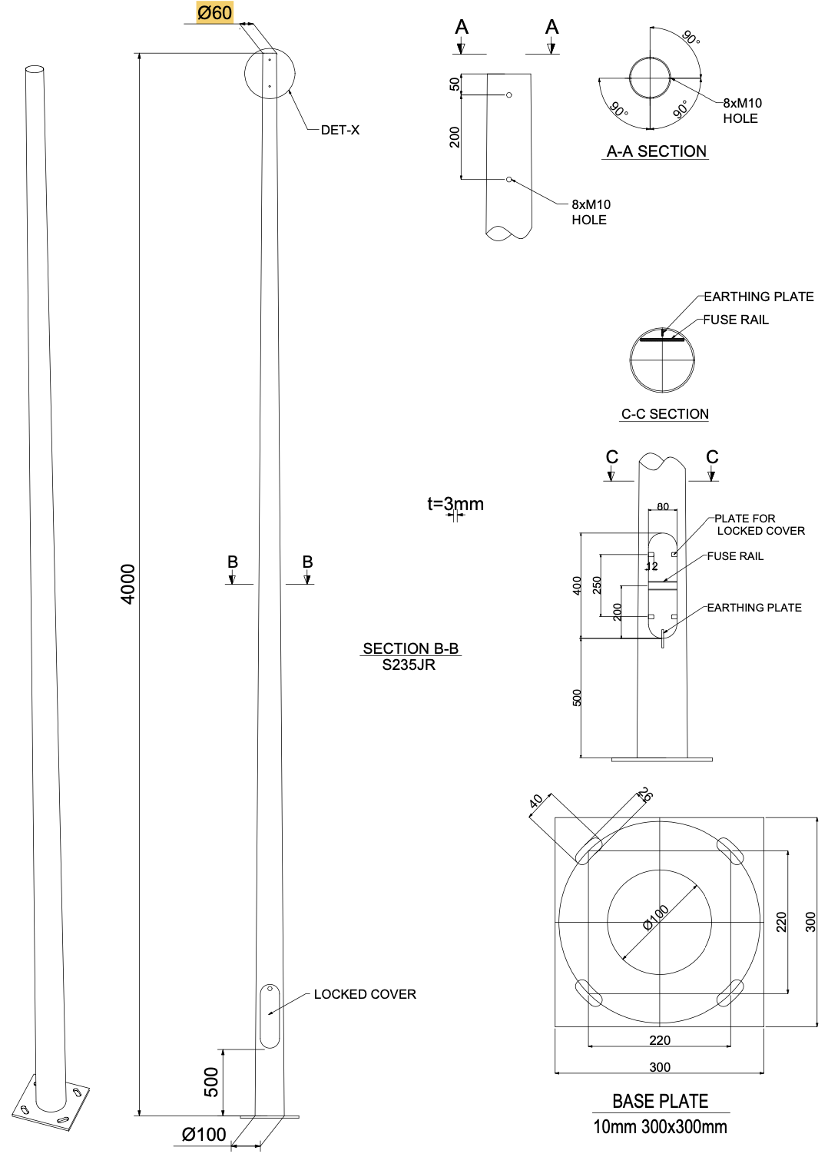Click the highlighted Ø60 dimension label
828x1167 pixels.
point(214,12)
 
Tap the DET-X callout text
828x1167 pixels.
point(340,130)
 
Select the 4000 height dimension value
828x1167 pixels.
point(128,584)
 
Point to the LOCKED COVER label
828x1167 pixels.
point(365,994)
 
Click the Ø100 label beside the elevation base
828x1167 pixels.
point(204,1134)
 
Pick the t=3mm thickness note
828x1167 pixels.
point(455,504)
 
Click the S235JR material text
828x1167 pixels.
point(409,665)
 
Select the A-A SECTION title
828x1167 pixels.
point(657,151)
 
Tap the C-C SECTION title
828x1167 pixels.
point(665,413)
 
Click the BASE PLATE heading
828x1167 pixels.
point(661,1101)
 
